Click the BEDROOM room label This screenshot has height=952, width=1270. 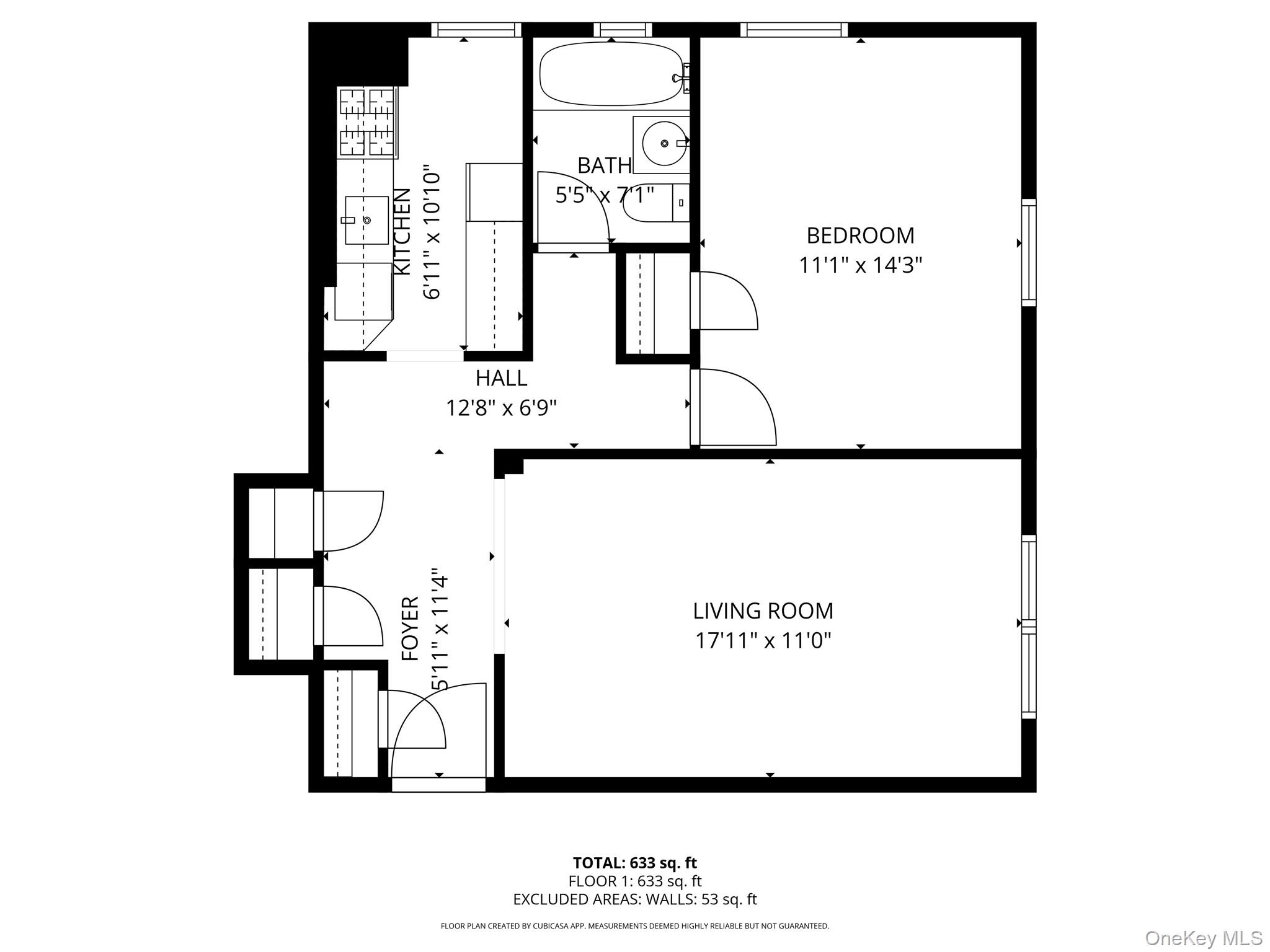coord(860,236)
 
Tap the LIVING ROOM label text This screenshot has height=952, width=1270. coord(763,611)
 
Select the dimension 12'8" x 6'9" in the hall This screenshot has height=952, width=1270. coord(501,408)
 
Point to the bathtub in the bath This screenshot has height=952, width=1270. coord(610,74)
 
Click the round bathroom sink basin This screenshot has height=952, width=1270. coord(664,144)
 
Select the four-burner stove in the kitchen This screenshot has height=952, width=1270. coord(367,122)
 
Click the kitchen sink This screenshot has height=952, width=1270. coord(366,220)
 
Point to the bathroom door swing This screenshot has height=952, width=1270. coord(574,208)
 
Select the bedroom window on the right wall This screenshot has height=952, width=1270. coord(1029,252)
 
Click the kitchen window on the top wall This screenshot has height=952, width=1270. coord(476,30)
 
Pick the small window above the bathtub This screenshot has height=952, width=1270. coord(623,30)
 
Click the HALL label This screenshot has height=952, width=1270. coord(501,378)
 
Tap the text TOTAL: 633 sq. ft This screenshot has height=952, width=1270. coord(634,863)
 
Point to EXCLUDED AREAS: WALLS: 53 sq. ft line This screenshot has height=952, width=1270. coord(634,899)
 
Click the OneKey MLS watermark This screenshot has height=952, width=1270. coord(1203,938)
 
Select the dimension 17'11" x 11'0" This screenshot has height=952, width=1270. coord(763,640)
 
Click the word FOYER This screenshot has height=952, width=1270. coord(411,628)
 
